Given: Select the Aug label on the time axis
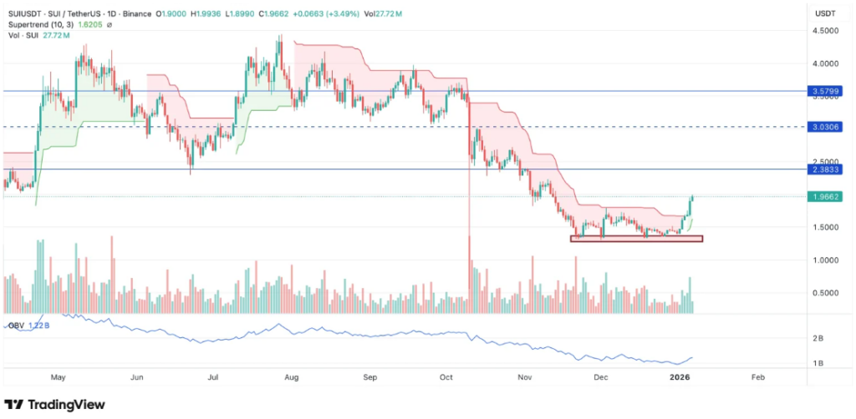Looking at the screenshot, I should coord(292,377).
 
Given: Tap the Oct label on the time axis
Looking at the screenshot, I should coord(447,377).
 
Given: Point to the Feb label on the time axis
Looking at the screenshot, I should coord(757,377).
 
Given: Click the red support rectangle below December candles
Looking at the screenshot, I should coord(636,239).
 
